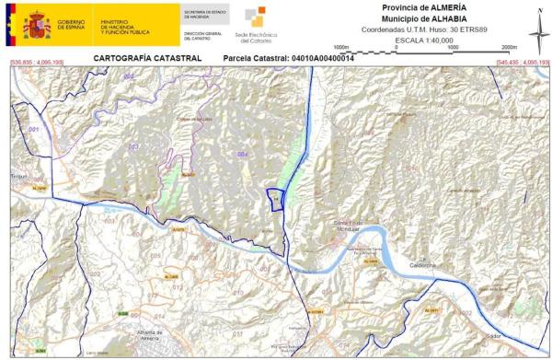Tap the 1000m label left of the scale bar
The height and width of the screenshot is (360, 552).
click(341, 46)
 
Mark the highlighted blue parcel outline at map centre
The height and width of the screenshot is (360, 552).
click(274, 200)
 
